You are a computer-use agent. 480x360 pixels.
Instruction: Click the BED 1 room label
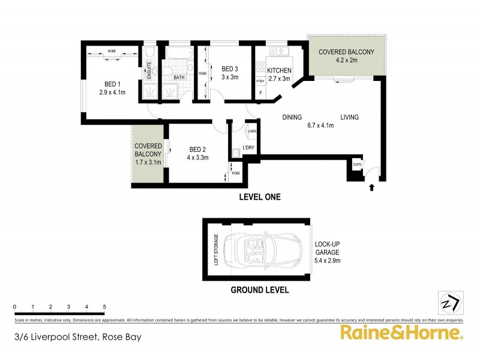coord(111,84)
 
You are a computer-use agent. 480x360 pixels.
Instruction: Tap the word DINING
coord(292,118)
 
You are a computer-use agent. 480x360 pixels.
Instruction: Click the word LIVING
coord(349,118)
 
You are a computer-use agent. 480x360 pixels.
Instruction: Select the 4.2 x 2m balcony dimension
coord(346,60)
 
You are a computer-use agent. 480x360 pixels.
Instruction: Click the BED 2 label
coord(198,150)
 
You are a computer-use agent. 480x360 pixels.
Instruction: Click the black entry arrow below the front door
coord(371,188)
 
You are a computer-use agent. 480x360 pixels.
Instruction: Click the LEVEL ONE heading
coord(259,197)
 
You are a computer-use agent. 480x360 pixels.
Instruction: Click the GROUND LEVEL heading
coord(260,290)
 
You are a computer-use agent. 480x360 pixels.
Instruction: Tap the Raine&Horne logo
coord(401,333)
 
